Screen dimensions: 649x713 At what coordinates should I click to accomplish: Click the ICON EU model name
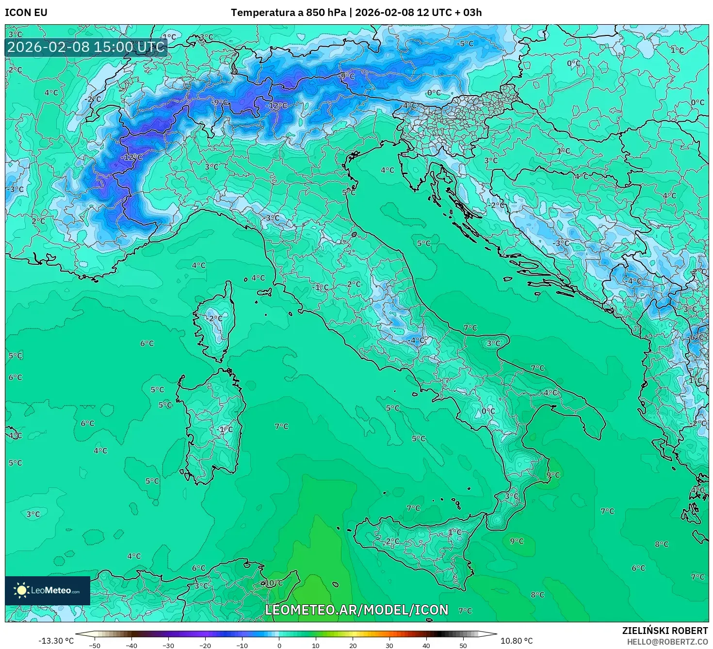(x=26, y=13)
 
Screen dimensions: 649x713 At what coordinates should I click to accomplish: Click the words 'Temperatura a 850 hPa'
(x=289, y=13)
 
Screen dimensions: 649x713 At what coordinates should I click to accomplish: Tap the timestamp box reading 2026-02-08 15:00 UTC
(x=86, y=47)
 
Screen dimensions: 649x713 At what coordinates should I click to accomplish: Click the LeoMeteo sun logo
(x=21, y=590)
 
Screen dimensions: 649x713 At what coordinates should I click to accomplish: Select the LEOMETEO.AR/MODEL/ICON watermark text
(x=356, y=610)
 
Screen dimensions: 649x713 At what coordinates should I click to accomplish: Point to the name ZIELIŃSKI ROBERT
(x=665, y=631)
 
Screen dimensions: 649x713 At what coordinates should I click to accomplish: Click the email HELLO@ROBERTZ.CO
(x=667, y=642)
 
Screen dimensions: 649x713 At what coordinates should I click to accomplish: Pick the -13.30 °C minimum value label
(x=56, y=641)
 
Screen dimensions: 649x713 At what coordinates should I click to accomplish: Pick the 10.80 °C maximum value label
(x=517, y=641)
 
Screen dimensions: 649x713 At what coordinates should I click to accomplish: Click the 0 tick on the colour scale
(x=279, y=645)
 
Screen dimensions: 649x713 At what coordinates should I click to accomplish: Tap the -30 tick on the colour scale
(x=168, y=645)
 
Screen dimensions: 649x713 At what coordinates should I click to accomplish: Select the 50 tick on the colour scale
(x=463, y=645)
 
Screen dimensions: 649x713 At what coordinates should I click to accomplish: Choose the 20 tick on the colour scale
(x=353, y=645)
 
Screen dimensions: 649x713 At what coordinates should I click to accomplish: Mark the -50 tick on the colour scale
(x=95, y=645)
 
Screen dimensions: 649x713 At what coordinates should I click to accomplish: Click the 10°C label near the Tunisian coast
(x=274, y=583)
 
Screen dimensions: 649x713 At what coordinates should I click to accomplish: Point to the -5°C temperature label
(x=465, y=44)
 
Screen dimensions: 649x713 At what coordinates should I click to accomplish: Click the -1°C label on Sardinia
(x=225, y=429)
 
